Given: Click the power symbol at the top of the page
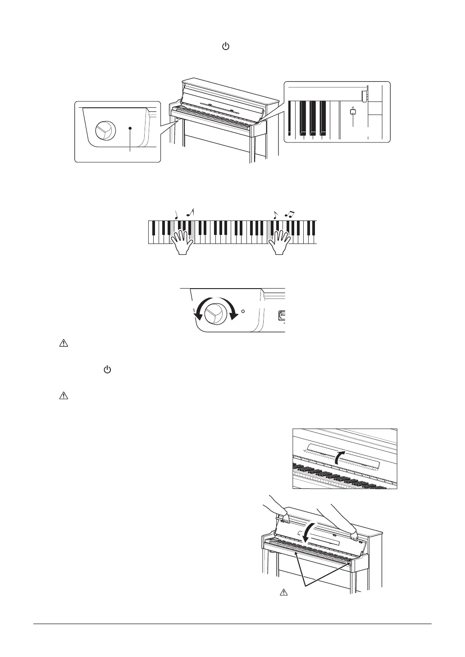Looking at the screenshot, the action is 226,47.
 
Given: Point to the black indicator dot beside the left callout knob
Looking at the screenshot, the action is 130,129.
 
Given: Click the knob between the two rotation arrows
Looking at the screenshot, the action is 214,313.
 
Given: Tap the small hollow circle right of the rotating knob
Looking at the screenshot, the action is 243,311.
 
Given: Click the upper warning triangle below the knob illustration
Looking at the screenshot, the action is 63,344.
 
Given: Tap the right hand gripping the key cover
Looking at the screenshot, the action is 355,536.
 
